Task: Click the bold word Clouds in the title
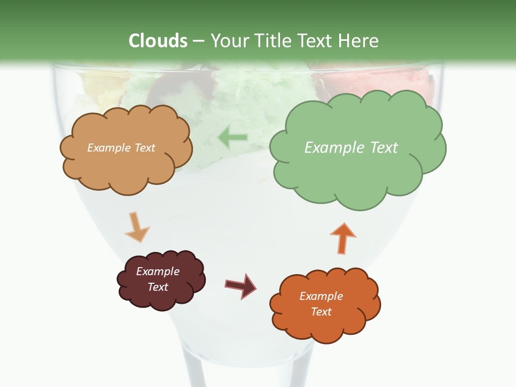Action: [158, 41]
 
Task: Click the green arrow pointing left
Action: [233, 138]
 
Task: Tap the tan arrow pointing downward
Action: [136, 228]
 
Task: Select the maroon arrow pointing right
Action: [240, 285]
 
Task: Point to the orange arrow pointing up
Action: [342, 238]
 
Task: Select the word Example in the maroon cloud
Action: [157, 271]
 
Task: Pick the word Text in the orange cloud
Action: [321, 312]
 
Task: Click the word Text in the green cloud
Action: [383, 148]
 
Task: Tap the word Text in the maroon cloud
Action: [158, 287]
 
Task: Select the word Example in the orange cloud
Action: [321, 296]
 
